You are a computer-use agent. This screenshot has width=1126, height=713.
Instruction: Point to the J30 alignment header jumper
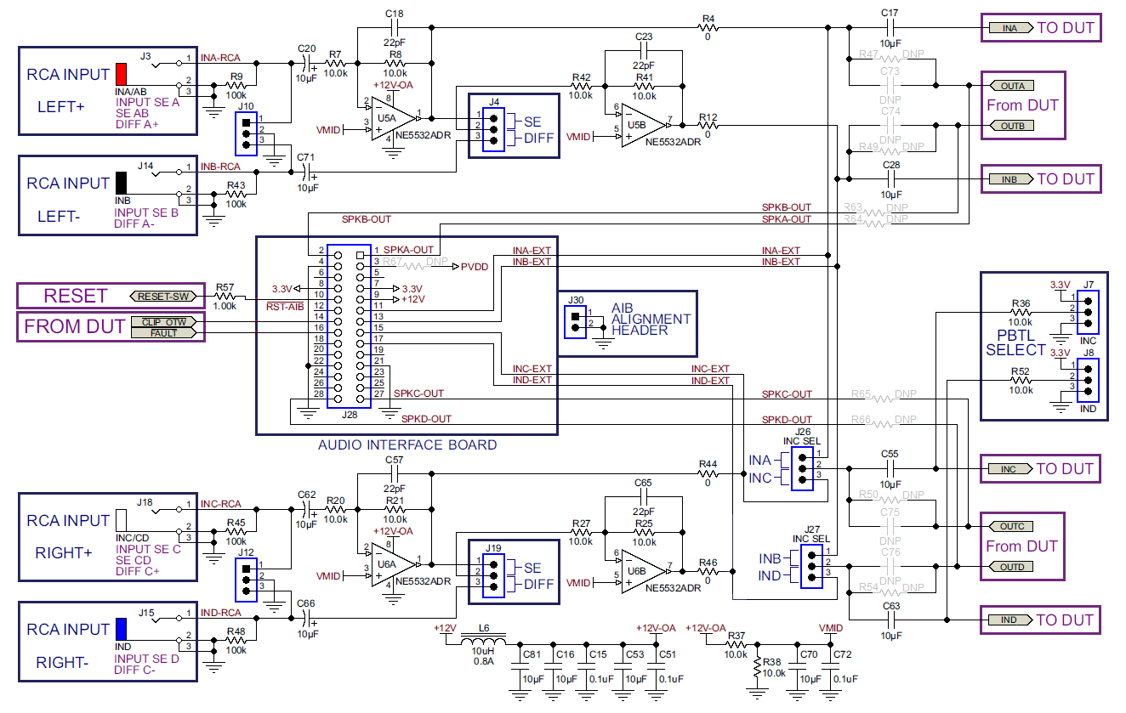click(577, 321)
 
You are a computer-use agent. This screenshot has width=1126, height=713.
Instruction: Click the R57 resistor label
click(225, 287)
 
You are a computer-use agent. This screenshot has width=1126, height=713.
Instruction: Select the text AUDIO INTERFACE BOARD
click(407, 445)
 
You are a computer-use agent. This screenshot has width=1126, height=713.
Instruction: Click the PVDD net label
click(475, 267)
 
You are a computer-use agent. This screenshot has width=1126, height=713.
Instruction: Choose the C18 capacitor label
click(394, 15)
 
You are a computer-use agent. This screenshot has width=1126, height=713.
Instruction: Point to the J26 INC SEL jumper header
click(803, 467)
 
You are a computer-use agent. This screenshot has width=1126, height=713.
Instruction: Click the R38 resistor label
click(773, 661)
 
